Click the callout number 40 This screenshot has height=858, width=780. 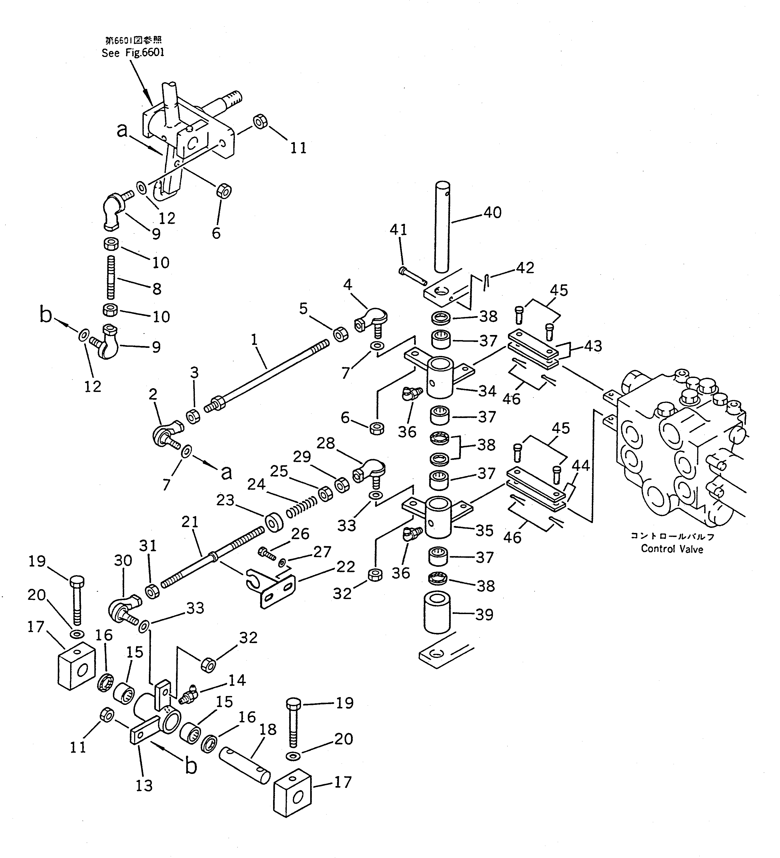click(x=492, y=212)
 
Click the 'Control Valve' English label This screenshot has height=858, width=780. click(x=672, y=549)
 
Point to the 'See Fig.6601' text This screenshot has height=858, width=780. click(x=133, y=53)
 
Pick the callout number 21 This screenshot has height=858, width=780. click(x=190, y=522)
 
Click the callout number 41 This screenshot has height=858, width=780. click(x=399, y=230)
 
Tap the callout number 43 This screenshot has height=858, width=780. click(x=593, y=346)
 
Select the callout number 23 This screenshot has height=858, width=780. click(x=225, y=500)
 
